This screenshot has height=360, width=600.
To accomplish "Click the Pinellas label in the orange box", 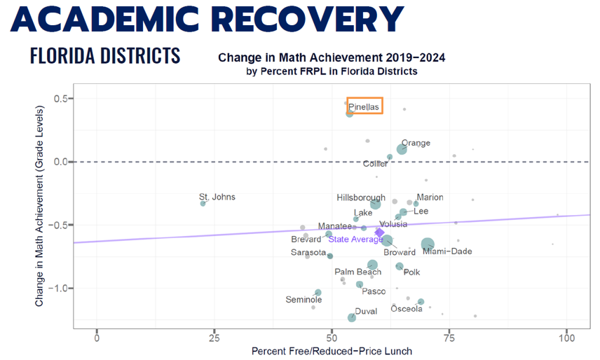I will pos(364,107).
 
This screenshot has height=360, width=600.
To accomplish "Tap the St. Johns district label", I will pos(217,197).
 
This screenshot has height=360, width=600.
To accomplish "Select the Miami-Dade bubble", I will pos(428,244).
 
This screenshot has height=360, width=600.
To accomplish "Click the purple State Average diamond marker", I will pos(380,233).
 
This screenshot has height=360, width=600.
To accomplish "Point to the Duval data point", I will pos(352,318).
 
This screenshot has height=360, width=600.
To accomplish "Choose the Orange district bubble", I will pos(402,149).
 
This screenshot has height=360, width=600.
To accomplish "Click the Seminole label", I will pos(304,300).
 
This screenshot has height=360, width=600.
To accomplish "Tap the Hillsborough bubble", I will pos(376,204).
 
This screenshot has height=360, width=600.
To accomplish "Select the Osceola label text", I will pos(407,309).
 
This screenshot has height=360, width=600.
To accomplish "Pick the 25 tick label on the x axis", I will pos(214,337).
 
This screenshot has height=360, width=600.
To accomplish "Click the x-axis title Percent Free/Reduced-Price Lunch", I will pos(332,351).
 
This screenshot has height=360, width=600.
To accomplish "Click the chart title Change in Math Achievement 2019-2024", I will pos(332,57).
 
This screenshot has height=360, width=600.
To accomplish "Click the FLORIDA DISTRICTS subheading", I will pos(105,55).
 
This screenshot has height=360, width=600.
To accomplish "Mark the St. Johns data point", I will pos(203,203).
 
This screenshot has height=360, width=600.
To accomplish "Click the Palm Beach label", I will pos(357,272).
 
